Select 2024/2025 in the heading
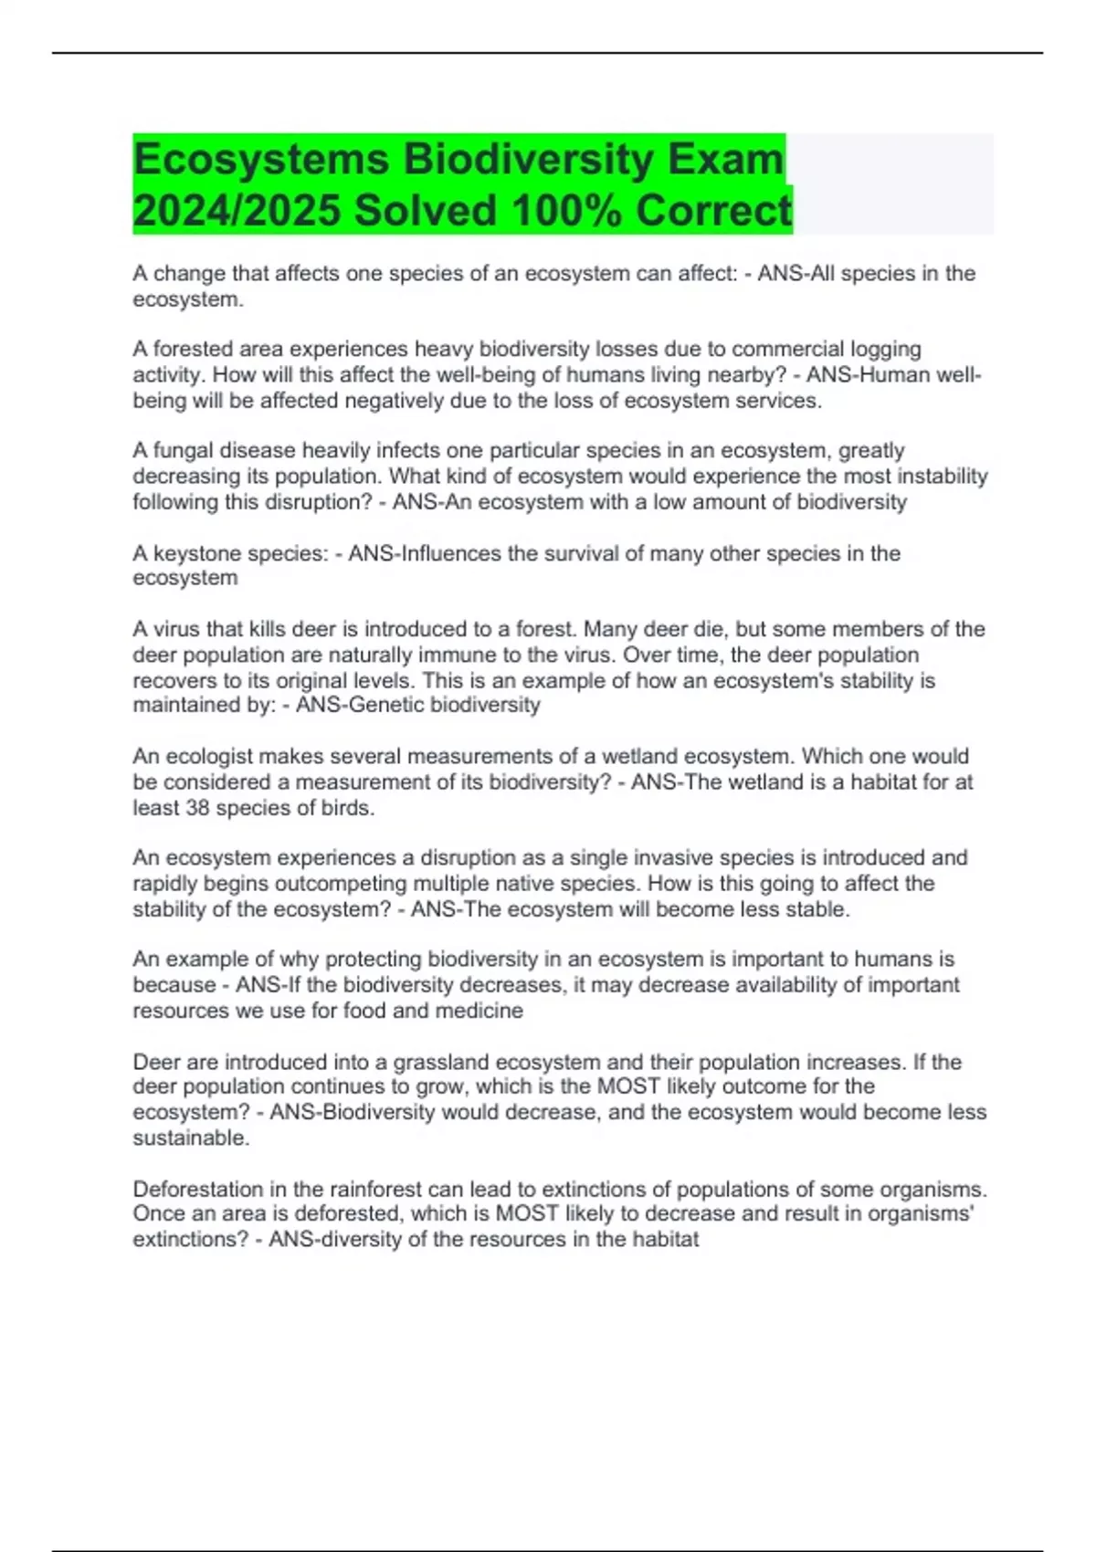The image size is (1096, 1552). tap(237, 211)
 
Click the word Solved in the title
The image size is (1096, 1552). tap(426, 211)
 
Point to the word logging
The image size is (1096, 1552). tap(885, 350)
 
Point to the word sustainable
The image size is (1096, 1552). tap(190, 1138)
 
